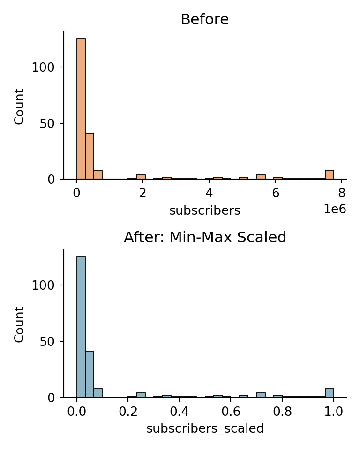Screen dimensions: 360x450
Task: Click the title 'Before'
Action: click(205, 20)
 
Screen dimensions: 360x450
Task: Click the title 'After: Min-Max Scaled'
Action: click(205, 237)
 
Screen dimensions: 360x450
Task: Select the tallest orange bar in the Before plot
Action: click(81, 109)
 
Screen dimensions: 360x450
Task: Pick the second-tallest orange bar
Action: click(90, 156)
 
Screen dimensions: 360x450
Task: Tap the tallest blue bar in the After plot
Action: click(81, 327)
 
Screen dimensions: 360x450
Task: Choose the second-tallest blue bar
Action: click(90, 374)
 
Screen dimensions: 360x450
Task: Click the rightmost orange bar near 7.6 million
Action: click(329, 174)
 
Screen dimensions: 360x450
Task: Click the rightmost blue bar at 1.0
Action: click(329, 393)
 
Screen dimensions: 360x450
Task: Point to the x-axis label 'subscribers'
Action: click(205, 210)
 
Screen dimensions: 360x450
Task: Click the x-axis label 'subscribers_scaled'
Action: click(205, 428)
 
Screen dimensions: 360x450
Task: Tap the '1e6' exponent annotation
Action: click(335, 209)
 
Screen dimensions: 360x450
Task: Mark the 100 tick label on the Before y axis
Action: click(43, 67)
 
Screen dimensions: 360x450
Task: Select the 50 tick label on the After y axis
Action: click(47, 341)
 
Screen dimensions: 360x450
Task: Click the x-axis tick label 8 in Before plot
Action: click(342, 193)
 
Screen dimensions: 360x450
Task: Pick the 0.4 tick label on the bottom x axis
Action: click(180, 411)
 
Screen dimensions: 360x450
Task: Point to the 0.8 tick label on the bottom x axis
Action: click(282, 411)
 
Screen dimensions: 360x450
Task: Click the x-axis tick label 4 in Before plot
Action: click(209, 193)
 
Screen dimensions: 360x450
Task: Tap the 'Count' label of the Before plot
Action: click(19, 106)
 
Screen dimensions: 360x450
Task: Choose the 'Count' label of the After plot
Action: click(19, 324)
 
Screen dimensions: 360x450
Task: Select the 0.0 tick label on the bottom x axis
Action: click(77, 411)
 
